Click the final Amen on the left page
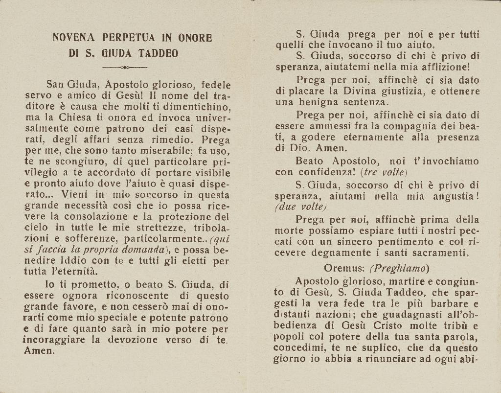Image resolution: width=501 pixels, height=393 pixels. [40, 350]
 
